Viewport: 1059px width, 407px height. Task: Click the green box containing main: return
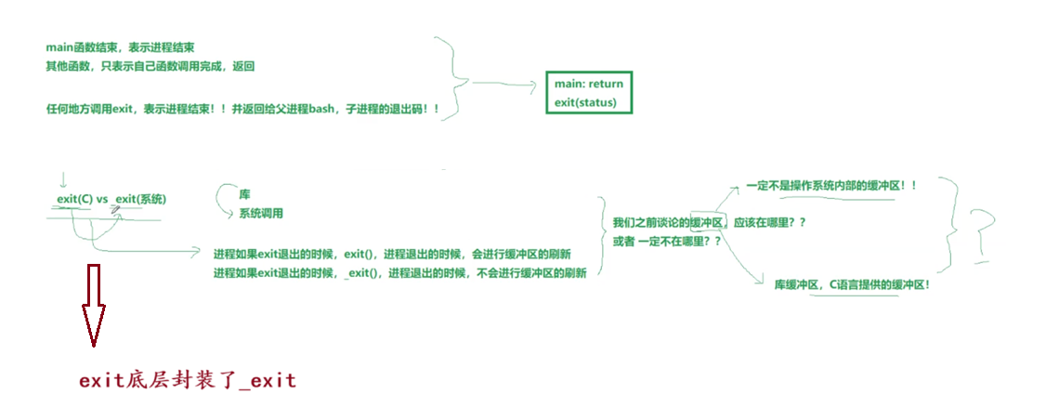[588, 92]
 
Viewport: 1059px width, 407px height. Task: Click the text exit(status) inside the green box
[585, 102]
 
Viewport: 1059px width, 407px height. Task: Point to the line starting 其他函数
[150, 66]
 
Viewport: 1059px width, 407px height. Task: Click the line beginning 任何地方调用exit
[242, 110]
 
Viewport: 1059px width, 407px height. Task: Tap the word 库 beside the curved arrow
[245, 195]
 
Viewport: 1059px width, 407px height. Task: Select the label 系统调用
[261, 213]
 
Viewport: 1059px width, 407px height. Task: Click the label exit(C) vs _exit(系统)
[111, 199]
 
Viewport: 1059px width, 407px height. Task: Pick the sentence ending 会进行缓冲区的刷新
[392, 255]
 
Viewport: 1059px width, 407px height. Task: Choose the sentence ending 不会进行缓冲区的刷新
[399, 273]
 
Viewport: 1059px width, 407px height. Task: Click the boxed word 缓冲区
[705, 223]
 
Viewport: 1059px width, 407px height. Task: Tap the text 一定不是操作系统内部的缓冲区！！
[830, 186]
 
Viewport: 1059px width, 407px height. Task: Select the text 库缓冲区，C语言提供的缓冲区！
[852, 284]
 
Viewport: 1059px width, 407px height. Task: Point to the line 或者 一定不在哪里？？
[666, 242]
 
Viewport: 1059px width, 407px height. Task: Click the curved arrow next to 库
[223, 199]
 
